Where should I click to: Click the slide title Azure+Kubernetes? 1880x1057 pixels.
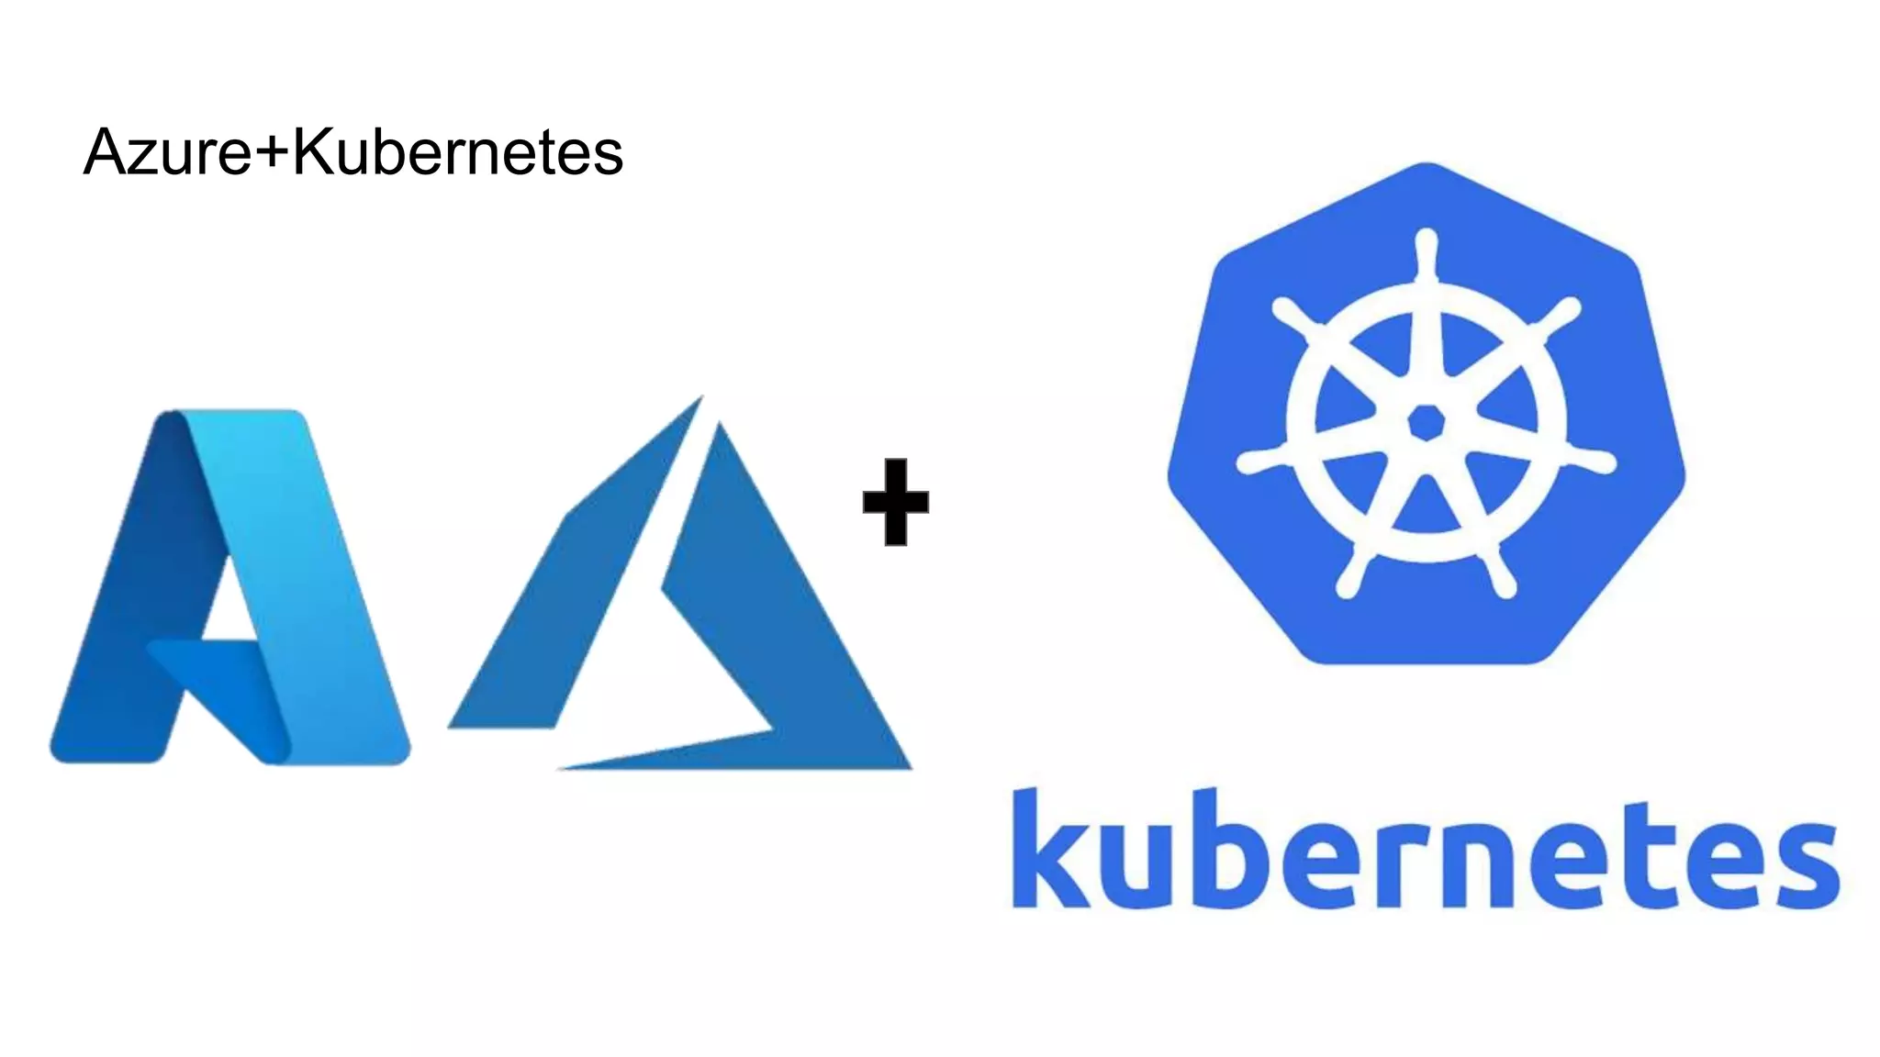click(x=353, y=151)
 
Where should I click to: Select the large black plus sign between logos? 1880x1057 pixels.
click(x=896, y=502)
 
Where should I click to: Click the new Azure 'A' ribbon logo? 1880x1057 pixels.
click(x=229, y=587)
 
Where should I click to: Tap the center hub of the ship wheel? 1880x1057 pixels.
click(x=1426, y=423)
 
